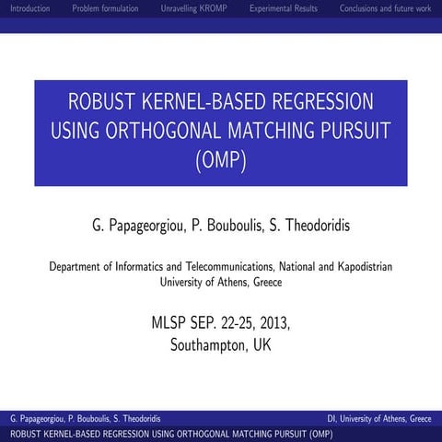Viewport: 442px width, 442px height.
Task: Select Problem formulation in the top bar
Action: pyautogui.click(x=105, y=8)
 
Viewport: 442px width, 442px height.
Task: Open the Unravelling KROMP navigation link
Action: pyautogui.click(x=193, y=8)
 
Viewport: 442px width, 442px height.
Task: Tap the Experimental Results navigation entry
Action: pyautogui.click(x=284, y=8)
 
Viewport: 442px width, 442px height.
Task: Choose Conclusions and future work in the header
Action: pyautogui.click(x=385, y=8)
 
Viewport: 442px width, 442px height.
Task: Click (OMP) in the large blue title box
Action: pyautogui.click(x=221, y=160)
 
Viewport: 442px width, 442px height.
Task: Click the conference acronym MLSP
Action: pyautogui.click(x=171, y=323)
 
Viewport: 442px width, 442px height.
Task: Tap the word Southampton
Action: pyautogui.click(x=209, y=345)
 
